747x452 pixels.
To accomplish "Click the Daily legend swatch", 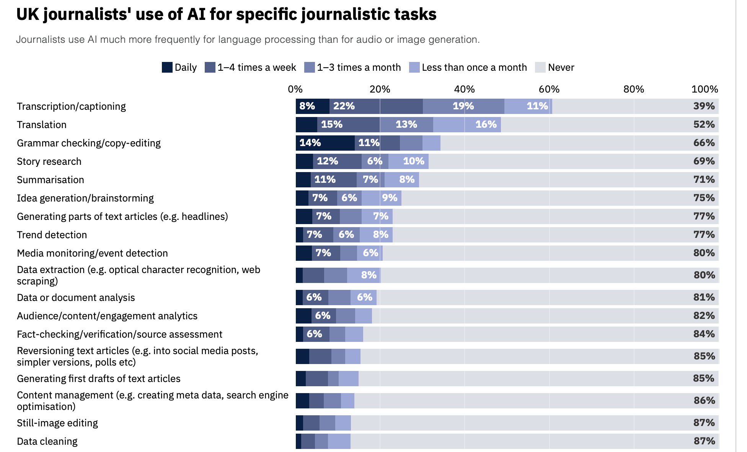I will coord(167,67).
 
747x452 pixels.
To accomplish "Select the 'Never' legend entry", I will coord(561,67).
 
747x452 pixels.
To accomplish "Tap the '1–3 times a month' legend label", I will coord(359,67).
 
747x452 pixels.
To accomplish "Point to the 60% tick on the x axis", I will coord(549,89).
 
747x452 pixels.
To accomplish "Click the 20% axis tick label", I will coord(380,89).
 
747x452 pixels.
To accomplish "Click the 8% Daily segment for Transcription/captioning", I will coord(312,106).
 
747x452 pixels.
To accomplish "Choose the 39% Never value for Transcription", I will coord(704,106).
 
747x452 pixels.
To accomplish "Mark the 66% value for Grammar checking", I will coord(704,143).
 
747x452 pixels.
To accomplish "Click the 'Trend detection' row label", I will coord(52,235).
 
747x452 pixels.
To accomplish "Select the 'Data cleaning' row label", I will coord(47,441).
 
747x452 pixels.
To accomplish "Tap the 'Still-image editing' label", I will coord(57,423).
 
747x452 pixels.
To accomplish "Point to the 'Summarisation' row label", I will coord(50,180).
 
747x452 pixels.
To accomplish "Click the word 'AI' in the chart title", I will coord(196,15).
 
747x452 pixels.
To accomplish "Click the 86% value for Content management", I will coord(704,400).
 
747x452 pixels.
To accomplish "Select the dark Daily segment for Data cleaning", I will coord(298,441).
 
